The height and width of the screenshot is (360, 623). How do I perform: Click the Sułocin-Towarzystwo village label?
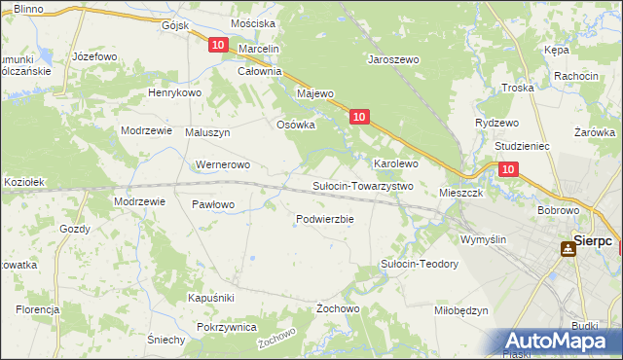click(362, 186)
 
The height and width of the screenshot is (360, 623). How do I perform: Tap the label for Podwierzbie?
click(324, 219)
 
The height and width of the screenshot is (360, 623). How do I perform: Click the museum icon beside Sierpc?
click(567, 249)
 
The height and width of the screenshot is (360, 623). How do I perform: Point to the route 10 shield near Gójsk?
click(217, 46)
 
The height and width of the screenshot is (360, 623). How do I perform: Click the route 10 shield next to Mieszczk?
click(507, 169)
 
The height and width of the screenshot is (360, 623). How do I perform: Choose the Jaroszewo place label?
click(392, 59)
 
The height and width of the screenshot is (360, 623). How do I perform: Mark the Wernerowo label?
click(224, 164)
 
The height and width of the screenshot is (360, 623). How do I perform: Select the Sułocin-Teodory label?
click(419, 264)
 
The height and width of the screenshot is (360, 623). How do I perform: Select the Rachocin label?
click(575, 76)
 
